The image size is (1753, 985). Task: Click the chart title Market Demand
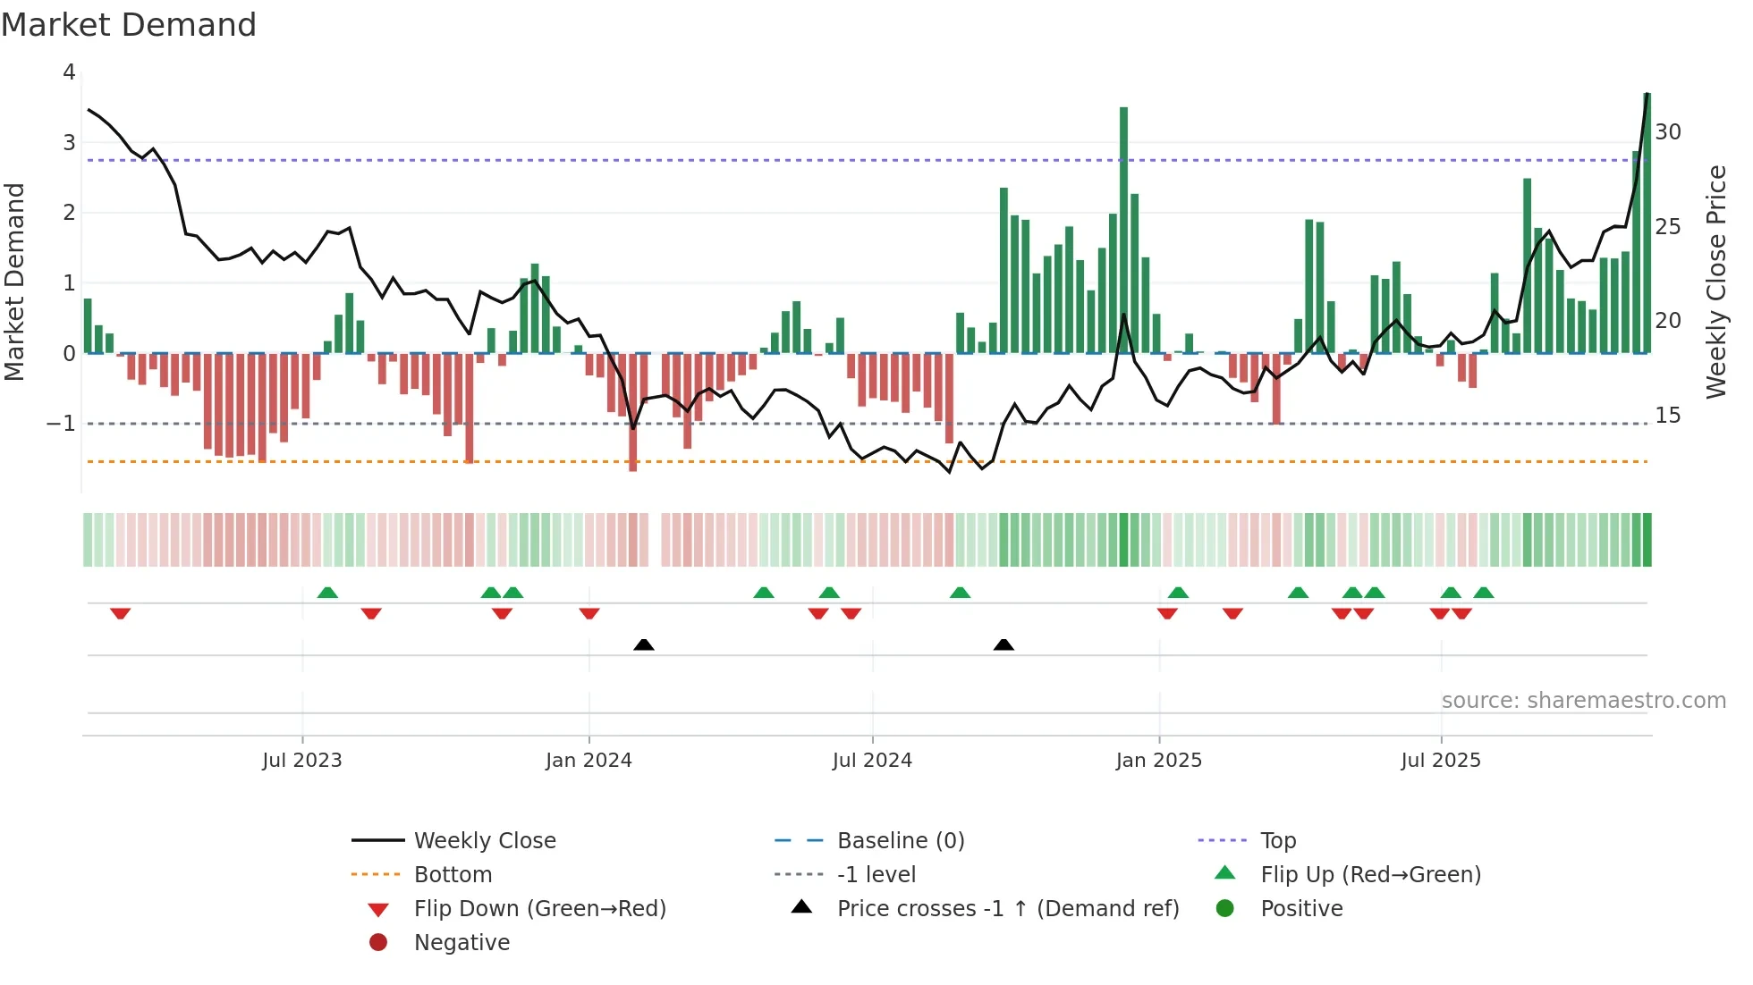[129, 25]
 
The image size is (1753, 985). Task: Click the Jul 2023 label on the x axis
[301, 761]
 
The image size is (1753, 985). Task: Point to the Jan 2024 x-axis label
[589, 761]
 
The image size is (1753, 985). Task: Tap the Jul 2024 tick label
[872, 761]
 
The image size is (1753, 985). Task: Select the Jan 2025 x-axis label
[1158, 761]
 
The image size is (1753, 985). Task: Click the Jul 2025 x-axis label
[1441, 761]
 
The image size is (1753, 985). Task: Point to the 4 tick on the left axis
[69, 72]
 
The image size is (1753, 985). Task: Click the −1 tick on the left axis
[62, 424]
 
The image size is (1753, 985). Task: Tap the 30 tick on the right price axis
[1668, 132]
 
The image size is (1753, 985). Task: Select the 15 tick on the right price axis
[1668, 416]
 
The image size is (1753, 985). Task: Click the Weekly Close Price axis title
[1715, 282]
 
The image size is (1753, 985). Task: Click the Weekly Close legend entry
[484, 841]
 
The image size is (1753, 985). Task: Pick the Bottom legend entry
[453, 875]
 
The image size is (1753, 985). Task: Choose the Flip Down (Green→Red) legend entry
[539, 909]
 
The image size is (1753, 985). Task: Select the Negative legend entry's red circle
[378, 943]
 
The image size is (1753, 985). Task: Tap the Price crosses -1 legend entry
[1007, 909]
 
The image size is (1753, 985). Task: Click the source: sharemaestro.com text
[1583, 701]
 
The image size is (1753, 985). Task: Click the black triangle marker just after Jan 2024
[643, 644]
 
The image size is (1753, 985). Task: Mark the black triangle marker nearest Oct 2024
[1004, 644]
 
